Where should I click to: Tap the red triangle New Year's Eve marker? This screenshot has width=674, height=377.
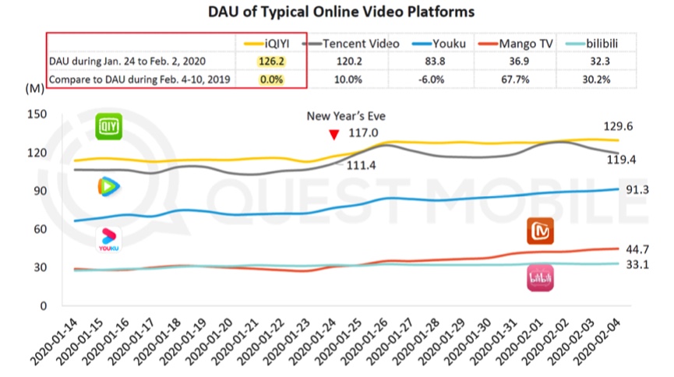coord(334,134)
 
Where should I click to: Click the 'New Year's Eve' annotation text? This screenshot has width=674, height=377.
coord(346,116)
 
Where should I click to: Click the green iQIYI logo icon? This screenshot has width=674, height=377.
coord(109,126)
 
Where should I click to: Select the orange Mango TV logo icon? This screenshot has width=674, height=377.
coord(541,231)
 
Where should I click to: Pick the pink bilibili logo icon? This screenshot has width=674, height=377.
coord(541,279)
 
